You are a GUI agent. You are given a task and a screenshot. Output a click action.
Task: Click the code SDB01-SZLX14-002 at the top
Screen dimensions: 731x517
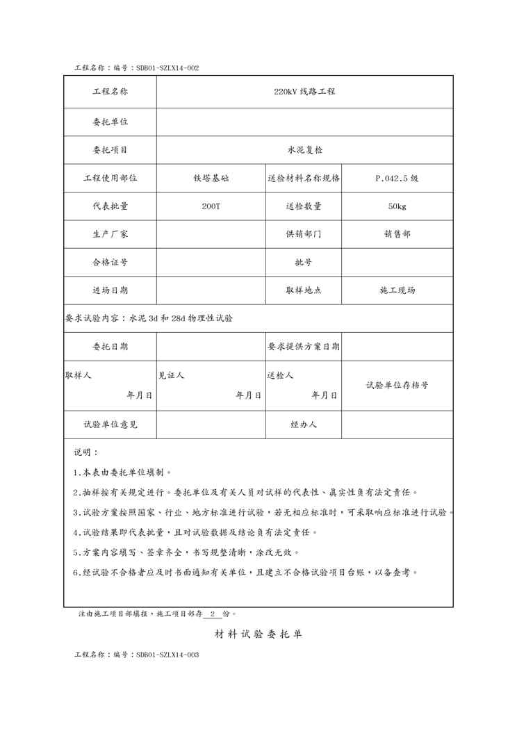[x=168, y=68]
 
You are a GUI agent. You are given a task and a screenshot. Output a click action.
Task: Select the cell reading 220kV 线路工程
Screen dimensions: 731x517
[x=304, y=92]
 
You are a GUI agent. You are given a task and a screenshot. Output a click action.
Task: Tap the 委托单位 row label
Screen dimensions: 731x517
[x=110, y=122]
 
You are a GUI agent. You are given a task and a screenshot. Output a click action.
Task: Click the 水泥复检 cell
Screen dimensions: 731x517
[x=304, y=149]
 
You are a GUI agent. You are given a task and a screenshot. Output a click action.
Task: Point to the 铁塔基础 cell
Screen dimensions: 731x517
[x=211, y=178]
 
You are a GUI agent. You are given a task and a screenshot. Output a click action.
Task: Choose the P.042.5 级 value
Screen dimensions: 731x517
[x=397, y=178]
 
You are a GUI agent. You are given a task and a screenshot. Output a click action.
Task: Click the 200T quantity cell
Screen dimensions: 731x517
[x=211, y=206]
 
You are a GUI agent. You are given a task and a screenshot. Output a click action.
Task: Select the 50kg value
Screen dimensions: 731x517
[x=397, y=206]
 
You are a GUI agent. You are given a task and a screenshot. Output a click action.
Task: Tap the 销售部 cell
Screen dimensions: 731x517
[x=397, y=234]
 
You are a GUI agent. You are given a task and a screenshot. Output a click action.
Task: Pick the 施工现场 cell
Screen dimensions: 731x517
[x=397, y=290]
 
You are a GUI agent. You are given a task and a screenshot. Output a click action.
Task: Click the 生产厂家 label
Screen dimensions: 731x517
[x=110, y=234]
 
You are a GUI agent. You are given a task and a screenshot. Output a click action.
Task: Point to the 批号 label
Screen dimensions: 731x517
[x=304, y=263]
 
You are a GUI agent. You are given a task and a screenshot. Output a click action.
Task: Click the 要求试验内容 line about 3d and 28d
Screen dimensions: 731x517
[x=149, y=318]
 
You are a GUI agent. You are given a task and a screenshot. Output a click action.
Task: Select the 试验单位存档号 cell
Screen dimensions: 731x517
[x=397, y=385]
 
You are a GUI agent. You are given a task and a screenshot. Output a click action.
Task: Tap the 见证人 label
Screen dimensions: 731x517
[x=171, y=375]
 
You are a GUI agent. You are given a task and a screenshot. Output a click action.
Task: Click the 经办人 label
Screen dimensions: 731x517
[x=304, y=424]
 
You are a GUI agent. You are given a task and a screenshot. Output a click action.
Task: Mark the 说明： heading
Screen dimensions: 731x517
[x=86, y=452]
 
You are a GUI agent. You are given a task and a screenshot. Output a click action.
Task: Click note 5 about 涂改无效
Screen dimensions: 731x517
[x=186, y=553]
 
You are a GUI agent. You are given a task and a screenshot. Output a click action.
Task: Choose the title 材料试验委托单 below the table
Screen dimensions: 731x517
[x=258, y=634]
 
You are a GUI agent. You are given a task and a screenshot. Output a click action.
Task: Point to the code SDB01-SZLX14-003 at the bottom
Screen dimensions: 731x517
[x=168, y=655]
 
